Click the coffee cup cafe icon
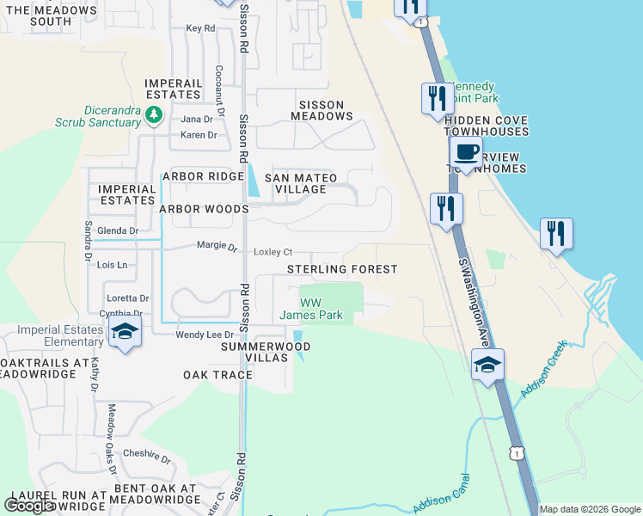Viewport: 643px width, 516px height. point(466,153)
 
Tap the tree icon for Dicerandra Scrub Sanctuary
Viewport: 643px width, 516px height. point(154,114)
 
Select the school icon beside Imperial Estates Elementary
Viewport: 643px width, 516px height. point(126,331)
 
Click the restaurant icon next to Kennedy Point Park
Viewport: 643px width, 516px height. point(438,97)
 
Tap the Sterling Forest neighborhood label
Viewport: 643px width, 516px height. point(342,269)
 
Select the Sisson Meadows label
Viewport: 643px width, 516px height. point(321,110)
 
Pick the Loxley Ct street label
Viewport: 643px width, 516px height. point(273,252)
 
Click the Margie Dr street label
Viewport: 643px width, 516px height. point(217,246)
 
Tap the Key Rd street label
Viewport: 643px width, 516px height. point(200,28)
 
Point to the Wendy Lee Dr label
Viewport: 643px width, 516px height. point(205,335)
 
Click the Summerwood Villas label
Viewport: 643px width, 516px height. point(265,352)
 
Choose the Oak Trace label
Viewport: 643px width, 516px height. point(217,375)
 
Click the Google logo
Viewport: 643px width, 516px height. point(30,506)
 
